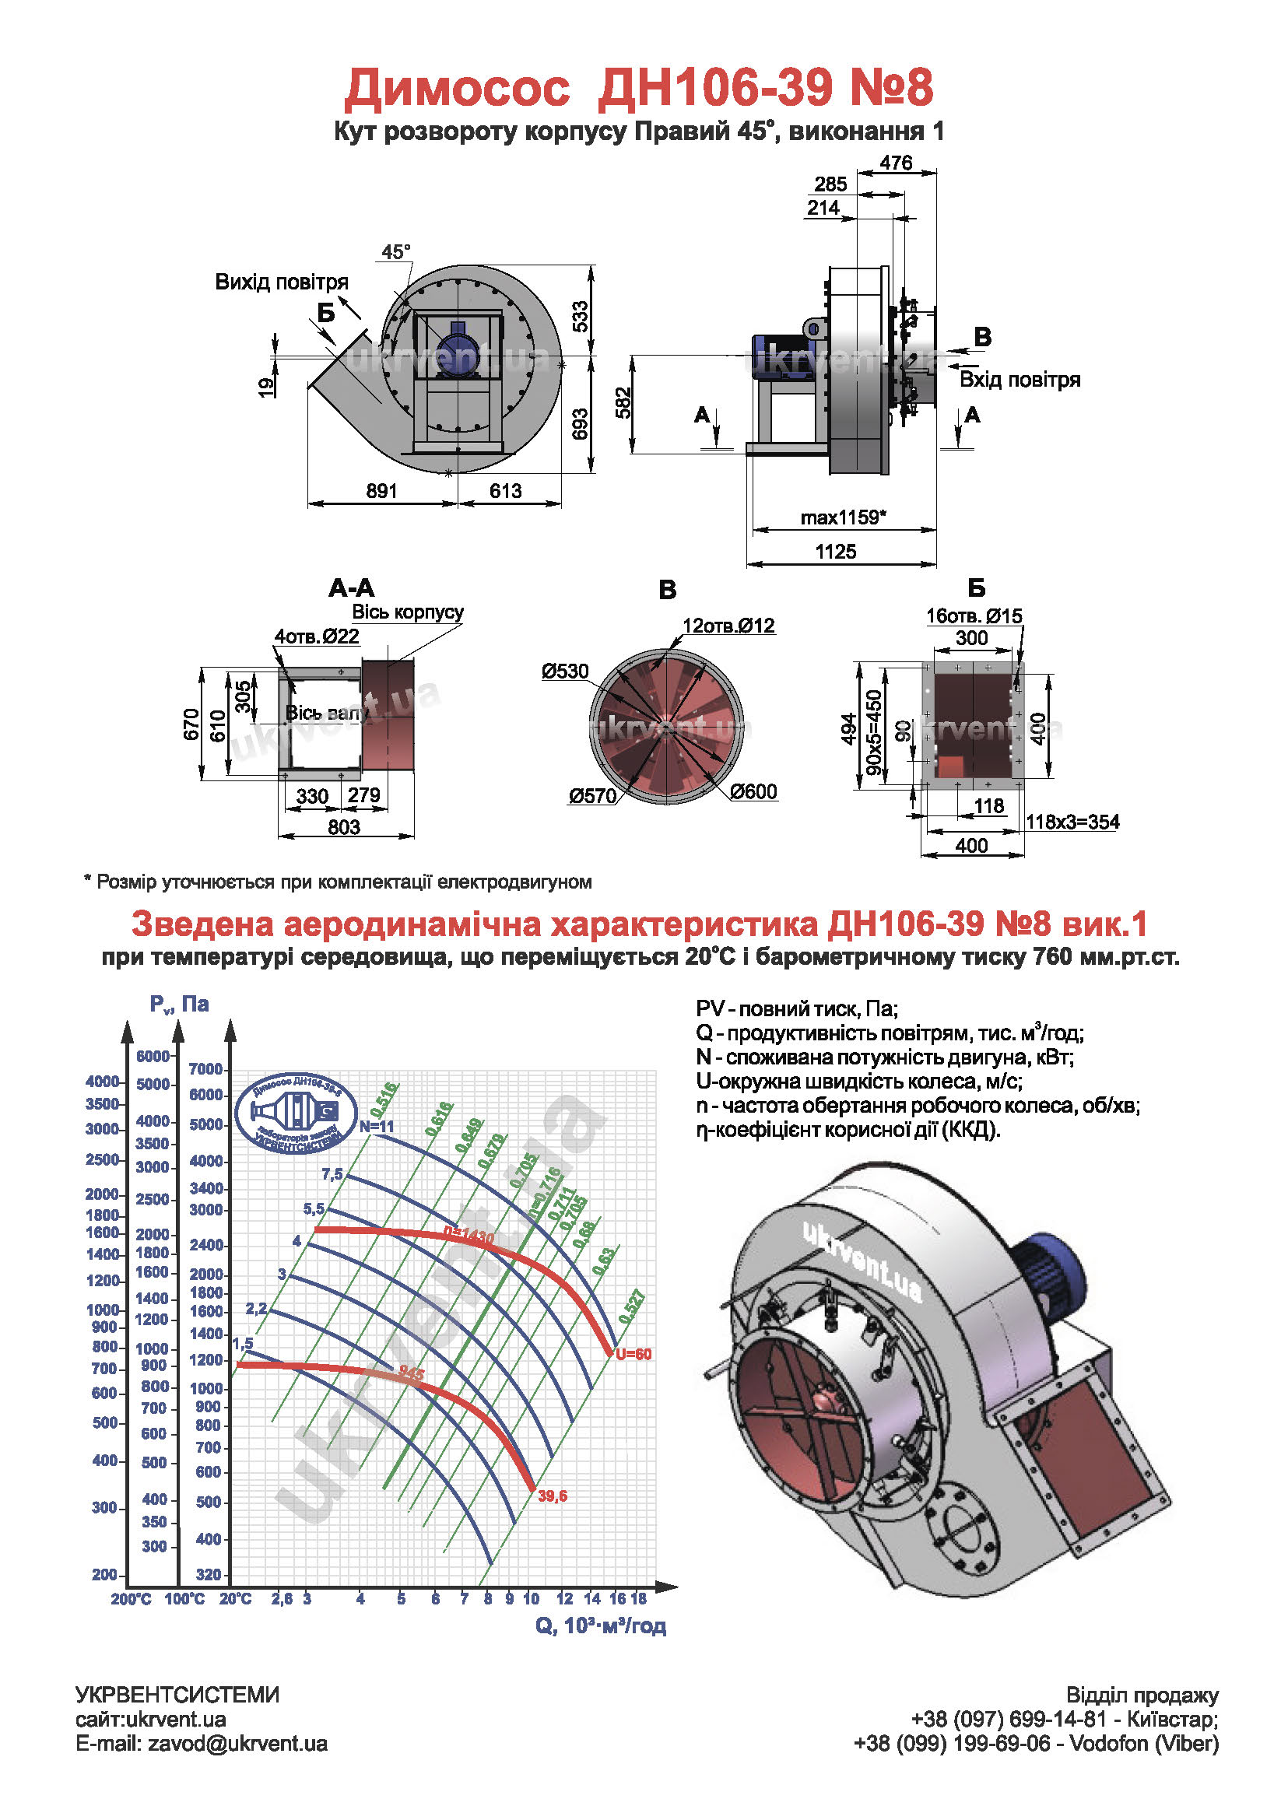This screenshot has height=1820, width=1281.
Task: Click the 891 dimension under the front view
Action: [381, 492]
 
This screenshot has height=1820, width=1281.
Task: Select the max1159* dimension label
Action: [843, 517]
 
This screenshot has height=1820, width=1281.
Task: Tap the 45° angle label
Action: [395, 252]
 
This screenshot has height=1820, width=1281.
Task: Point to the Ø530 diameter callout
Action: [565, 672]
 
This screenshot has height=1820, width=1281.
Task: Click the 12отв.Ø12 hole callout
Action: [728, 626]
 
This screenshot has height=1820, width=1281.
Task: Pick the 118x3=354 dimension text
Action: [1072, 822]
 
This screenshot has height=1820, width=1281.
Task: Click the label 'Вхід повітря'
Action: [1020, 380]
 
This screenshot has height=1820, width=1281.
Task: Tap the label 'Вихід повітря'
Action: [282, 282]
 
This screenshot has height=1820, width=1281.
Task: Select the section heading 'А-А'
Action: [351, 588]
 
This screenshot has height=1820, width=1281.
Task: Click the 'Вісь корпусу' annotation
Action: [408, 612]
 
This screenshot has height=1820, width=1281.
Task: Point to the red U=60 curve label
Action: [633, 1355]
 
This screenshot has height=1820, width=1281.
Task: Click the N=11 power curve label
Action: [377, 1127]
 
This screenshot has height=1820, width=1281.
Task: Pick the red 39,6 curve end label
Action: [553, 1496]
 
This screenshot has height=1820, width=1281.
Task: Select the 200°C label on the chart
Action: [131, 1600]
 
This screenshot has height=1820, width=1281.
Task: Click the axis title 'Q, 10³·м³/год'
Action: [600, 1625]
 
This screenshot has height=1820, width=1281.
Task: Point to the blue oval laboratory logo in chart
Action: [297, 1112]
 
